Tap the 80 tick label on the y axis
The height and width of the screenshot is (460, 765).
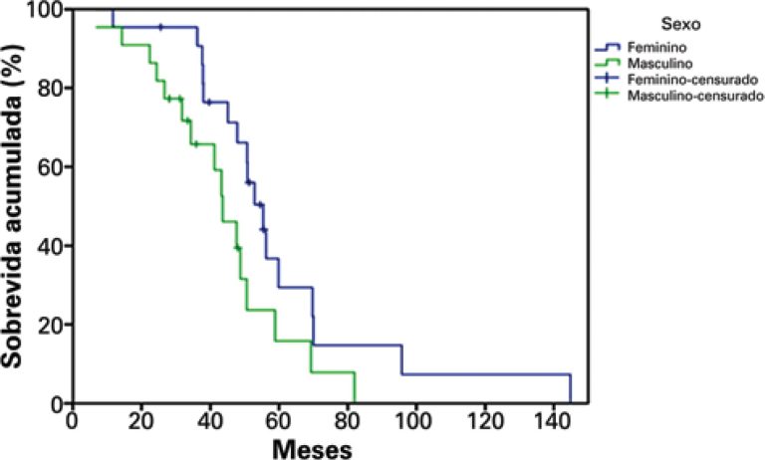point(49,88)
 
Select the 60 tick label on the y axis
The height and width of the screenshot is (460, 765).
point(49,166)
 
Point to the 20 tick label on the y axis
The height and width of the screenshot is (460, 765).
point(49,324)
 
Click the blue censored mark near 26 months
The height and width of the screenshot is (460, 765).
point(160,27)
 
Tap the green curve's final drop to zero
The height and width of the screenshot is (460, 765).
point(355,388)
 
